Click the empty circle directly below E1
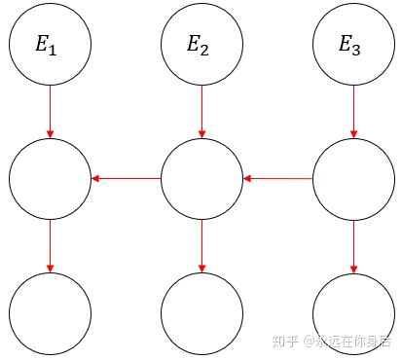point(50,179)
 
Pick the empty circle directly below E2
point(201,179)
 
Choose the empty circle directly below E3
point(353,179)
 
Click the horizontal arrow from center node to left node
point(126,179)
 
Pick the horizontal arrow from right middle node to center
point(277,179)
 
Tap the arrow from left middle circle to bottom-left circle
point(50,246)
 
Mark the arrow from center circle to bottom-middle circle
point(201,246)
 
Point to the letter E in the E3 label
point(346,43)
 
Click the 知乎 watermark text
point(284,342)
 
